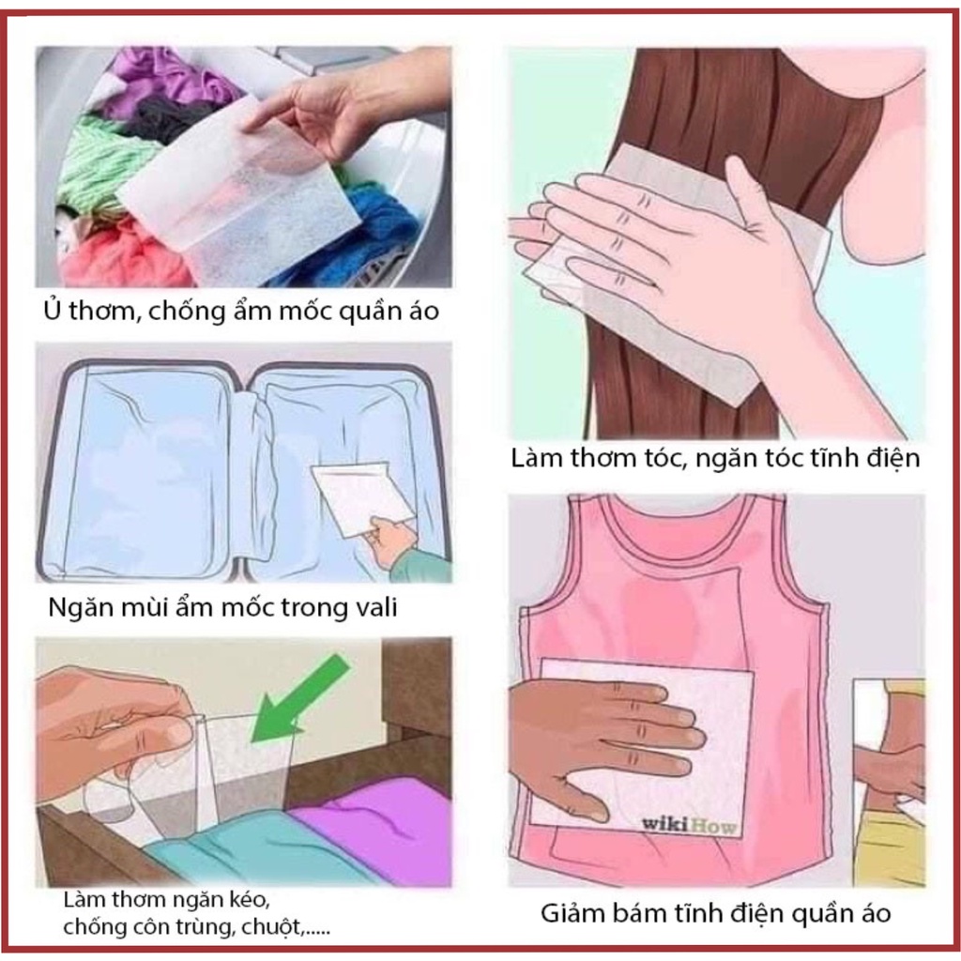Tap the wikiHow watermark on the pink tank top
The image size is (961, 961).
[x=687, y=825]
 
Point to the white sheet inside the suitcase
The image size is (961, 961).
[x=361, y=496]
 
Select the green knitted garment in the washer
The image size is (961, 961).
[x=99, y=160]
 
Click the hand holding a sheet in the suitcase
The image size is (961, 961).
[x=389, y=540]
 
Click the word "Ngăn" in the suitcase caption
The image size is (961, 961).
[x=74, y=607]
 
